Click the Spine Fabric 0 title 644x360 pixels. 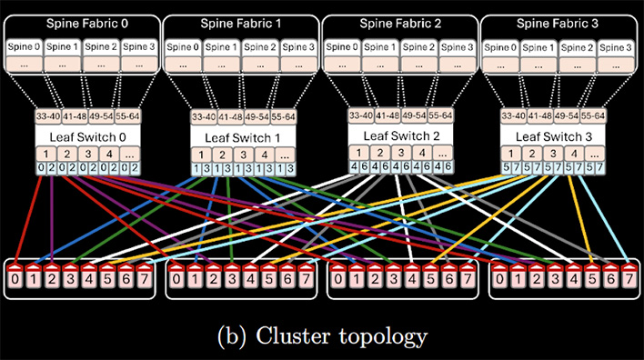coord(83,25)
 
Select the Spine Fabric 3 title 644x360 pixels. coord(558,25)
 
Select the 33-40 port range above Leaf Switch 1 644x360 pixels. coord(204,116)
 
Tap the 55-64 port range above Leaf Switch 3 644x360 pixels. coord(594,115)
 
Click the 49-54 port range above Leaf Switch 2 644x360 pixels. coord(422,115)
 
